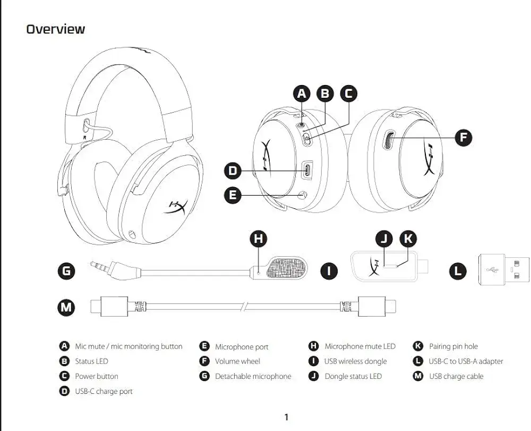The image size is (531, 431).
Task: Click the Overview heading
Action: (55, 29)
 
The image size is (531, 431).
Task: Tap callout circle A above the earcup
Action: (302, 94)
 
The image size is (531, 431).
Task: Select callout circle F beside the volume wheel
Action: (464, 138)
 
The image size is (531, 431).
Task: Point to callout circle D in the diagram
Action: (233, 171)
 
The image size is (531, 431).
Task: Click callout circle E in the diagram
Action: (233, 195)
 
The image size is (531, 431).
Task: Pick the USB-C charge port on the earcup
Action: (307, 171)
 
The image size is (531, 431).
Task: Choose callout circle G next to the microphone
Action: (66, 271)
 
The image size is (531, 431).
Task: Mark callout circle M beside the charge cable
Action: (66, 307)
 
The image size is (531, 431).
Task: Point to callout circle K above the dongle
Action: (407, 239)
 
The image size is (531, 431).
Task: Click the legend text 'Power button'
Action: (96, 376)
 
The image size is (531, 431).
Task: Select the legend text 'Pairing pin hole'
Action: (453, 347)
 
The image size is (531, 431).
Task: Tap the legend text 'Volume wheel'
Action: (237, 361)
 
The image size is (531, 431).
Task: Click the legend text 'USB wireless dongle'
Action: (355, 361)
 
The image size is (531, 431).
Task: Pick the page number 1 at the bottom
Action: (286, 417)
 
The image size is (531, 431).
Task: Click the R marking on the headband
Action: (84, 137)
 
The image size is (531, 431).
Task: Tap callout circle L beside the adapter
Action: (457, 271)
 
